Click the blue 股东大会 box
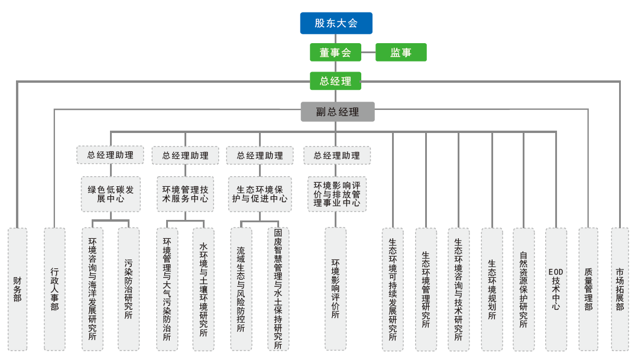point(336,23)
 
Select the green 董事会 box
point(335,53)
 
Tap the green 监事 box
point(400,53)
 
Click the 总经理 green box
point(335,81)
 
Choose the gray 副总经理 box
point(337,112)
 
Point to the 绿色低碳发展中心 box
point(111,194)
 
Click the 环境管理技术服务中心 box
point(185,194)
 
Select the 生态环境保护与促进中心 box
point(260,194)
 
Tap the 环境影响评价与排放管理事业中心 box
point(336,193)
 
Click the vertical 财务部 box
point(17,289)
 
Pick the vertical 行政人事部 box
point(54,289)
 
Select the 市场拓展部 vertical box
point(620,289)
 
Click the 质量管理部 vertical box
point(588,289)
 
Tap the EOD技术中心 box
point(556,289)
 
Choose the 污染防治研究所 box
point(128,289)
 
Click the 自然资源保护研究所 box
point(523,289)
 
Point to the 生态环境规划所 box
point(491,289)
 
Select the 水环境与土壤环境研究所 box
point(203,289)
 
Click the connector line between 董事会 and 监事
point(368,53)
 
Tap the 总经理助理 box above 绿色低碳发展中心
point(110,155)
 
